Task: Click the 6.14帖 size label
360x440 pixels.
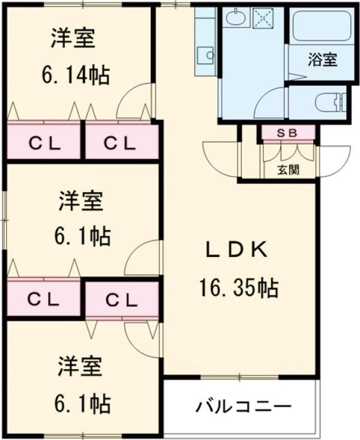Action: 76,74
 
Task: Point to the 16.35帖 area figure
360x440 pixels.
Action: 238,289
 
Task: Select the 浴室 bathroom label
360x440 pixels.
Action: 322,59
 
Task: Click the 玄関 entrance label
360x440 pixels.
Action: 289,170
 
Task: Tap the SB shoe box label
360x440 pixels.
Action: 287,133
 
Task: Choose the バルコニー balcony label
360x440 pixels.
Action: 244,407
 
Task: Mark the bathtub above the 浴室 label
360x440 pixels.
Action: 317,26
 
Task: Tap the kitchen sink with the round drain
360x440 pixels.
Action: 206,54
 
